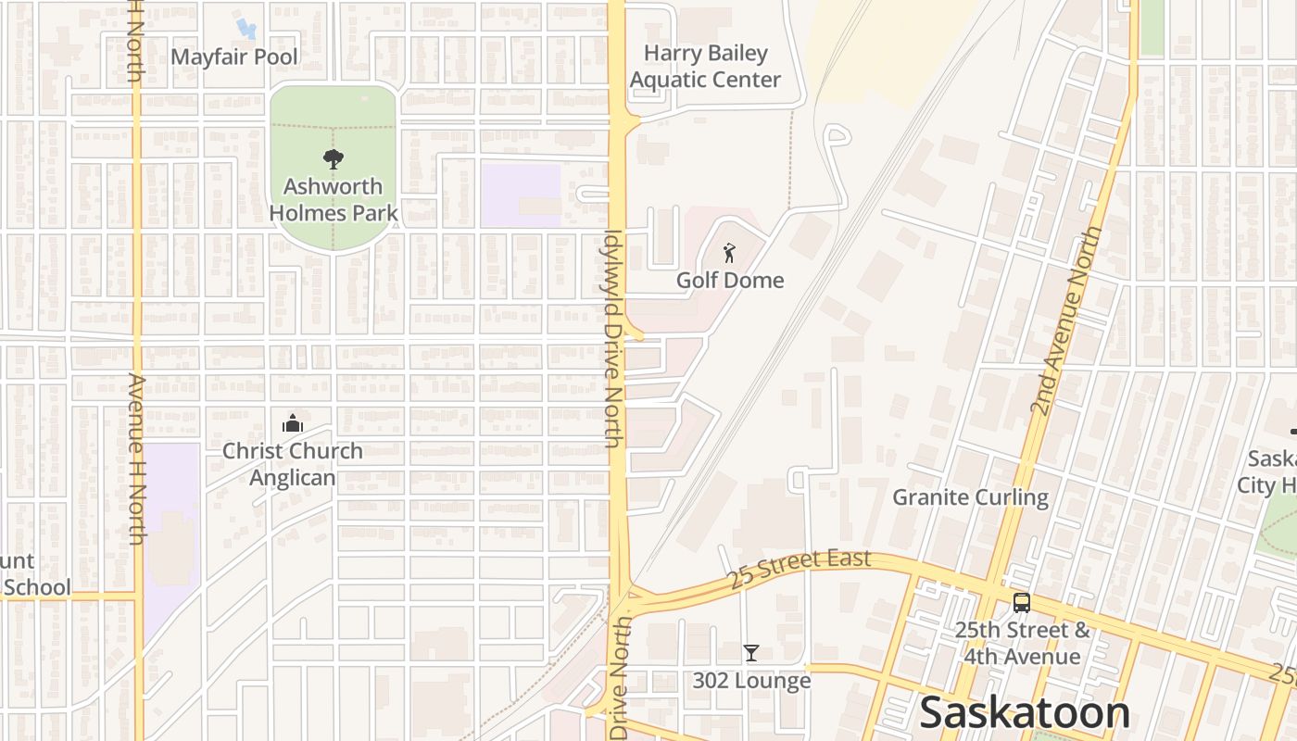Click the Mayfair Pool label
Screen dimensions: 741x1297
(234, 57)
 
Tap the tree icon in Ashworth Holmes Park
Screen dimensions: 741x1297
(333, 159)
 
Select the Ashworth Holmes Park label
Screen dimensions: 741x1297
(334, 199)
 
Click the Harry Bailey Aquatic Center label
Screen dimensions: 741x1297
(706, 67)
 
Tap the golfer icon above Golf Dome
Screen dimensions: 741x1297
(730, 252)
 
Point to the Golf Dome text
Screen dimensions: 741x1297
(730, 280)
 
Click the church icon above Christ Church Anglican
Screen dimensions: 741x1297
(293, 424)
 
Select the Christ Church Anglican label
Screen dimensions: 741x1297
(293, 464)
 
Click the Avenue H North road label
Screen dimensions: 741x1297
(137, 458)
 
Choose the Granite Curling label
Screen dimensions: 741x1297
(970, 497)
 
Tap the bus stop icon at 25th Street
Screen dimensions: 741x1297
(1022, 603)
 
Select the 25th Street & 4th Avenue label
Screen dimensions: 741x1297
(1023, 644)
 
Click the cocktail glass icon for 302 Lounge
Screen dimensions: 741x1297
(751, 653)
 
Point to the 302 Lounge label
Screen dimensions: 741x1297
(751, 681)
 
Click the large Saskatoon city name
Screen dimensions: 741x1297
(1025, 713)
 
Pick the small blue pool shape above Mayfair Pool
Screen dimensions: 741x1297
(245, 29)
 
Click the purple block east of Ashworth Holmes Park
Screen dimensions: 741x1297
(521, 195)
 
